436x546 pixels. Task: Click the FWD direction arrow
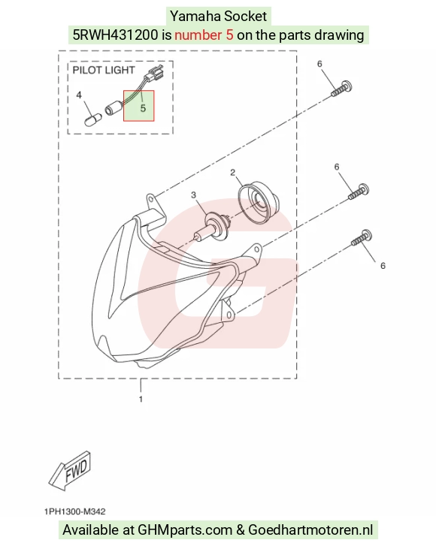point(71,471)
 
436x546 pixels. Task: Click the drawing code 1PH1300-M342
point(75,511)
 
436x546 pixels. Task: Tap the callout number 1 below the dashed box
point(141,399)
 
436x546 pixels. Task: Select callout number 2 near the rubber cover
point(233,173)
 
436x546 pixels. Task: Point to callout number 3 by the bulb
point(194,195)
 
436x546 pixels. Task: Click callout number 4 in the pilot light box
point(79,95)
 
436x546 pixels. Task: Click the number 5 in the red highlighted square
point(143,108)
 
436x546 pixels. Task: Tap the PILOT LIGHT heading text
point(104,71)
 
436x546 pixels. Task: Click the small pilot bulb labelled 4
point(94,119)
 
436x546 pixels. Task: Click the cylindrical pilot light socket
point(114,107)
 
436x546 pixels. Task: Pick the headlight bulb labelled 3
point(211,227)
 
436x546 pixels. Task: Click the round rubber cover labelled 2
point(259,201)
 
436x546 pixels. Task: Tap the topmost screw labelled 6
point(341,89)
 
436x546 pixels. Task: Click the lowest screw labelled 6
point(361,237)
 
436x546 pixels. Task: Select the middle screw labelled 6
point(359,192)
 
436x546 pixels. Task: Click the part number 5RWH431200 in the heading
point(115,35)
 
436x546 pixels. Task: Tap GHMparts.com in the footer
point(185,530)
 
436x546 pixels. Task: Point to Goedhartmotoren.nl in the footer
point(310,529)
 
